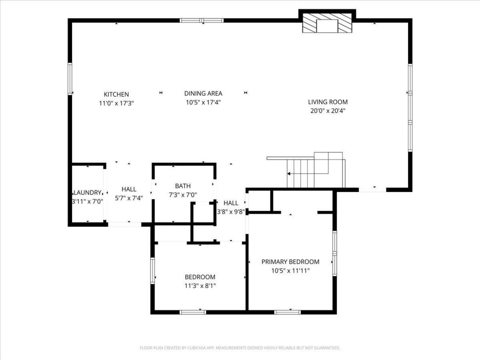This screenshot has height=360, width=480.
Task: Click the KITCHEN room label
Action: click(x=116, y=94)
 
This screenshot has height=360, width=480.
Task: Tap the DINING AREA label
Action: click(x=203, y=93)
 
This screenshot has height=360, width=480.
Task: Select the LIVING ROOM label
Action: click(x=328, y=102)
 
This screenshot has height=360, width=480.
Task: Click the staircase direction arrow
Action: click(x=289, y=174)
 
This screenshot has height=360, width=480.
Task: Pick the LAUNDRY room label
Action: click(x=87, y=192)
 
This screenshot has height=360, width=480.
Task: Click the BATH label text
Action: click(x=183, y=186)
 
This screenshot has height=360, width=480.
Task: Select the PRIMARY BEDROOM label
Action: click(x=290, y=262)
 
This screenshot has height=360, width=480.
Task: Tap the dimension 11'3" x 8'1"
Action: click(x=200, y=286)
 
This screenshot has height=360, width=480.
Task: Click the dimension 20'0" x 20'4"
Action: click(x=328, y=111)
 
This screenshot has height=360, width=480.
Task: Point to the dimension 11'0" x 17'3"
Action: click(x=116, y=103)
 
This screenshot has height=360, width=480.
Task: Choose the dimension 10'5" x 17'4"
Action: click(x=203, y=102)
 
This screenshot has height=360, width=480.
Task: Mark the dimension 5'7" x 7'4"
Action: click(x=129, y=198)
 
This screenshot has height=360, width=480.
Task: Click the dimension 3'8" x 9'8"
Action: click(x=231, y=211)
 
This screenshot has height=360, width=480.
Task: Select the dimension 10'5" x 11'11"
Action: click(x=290, y=270)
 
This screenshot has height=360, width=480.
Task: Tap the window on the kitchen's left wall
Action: click(x=70, y=79)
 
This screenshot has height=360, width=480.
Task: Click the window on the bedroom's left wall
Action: click(x=153, y=270)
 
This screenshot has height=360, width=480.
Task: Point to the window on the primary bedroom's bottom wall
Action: click(x=287, y=312)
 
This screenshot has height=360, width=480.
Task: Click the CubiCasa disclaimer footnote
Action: click(x=240, y=348)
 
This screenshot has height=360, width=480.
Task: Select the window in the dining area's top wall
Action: click(x=201, y=20)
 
